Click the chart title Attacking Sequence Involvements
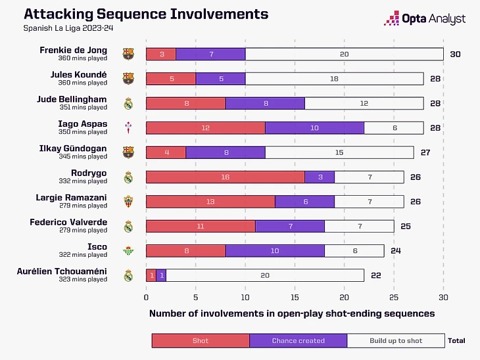pyautogui.click(x=146, y=14)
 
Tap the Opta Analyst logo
pyautogui.click(x=427, y=18)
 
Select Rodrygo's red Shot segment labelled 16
pyautogui.click(x=225, y=177)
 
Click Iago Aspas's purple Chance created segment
pyautogui.click(x=314, y=127)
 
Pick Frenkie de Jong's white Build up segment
pyautogui.click(x=344, y=54)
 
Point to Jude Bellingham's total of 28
pyautogui.click(x=435, y=103)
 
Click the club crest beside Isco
pyautogui.click(x=128, y=251)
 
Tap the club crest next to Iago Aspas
pyautogui.click(x=128, y=127)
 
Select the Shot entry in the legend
pyautogui.click(x=201, y=340)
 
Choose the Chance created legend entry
pyautogui.click(x=298, y=340)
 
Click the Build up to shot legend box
pyautogui.click(x=395, y=340)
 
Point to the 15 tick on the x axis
pyautogui.click(x=295, y=296)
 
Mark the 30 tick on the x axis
pyautogui.click(x=443, y=296)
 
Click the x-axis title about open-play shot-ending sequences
pyautogui.click(x=291, y=313)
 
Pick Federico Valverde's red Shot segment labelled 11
pyautogui.click(x=201, y=226)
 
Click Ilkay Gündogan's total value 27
pyautogui.click(x=425, y=152)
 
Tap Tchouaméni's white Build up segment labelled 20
pyautogui.click(x=264, y=275)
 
